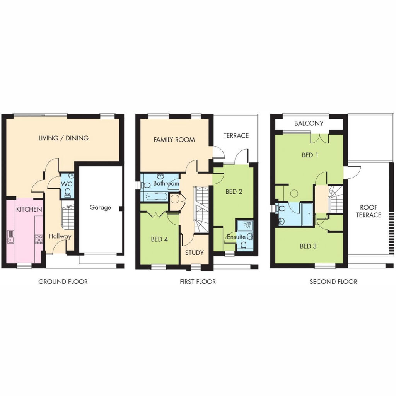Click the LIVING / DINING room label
63,138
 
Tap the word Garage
100,207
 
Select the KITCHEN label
29,209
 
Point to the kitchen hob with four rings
39,239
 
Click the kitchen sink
11,236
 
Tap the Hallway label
60,236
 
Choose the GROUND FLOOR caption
63,282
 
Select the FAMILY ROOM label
174,140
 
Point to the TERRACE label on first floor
236,136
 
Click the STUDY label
195,253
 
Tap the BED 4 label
159,239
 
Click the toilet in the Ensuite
244,245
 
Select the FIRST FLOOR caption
198,282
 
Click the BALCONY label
309,123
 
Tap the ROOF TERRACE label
369,211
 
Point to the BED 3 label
308,246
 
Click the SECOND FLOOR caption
333,282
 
